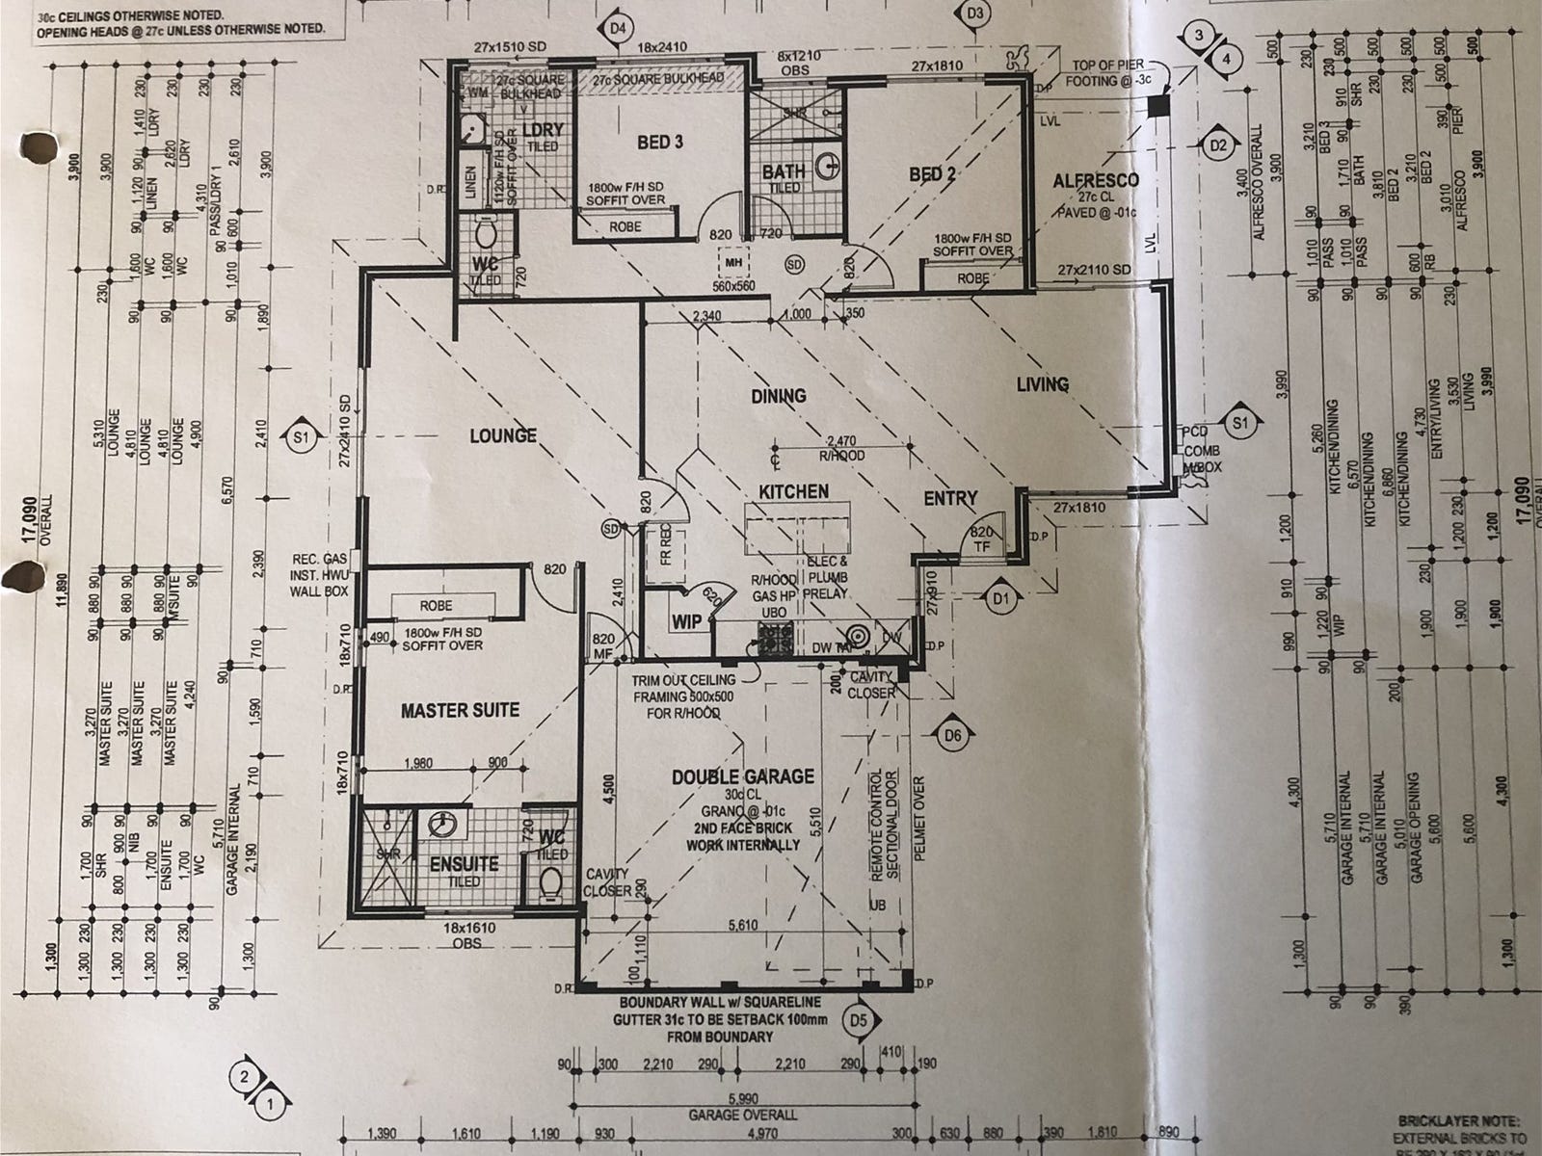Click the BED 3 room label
(659, 143)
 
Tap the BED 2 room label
(932, 174)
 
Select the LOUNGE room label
(502, 436)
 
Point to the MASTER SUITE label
(460, 710)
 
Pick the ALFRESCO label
(1096, 180)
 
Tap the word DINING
(779, 396)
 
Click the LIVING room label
(1043, 384)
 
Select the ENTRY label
(950, 498)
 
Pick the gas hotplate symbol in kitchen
(774, 638)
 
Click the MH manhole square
(731, 260)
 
